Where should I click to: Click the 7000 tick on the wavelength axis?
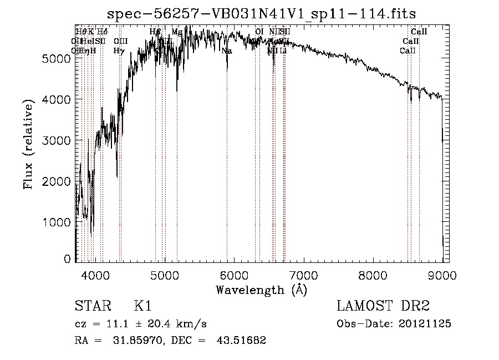[303, 274]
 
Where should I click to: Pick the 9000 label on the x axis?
[442, 274]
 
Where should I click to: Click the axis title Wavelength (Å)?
[261, 290]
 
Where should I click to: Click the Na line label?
[227, 50]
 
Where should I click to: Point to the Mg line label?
[176, 32]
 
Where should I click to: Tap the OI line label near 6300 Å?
[259, 32]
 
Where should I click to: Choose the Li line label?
[283, 50]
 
